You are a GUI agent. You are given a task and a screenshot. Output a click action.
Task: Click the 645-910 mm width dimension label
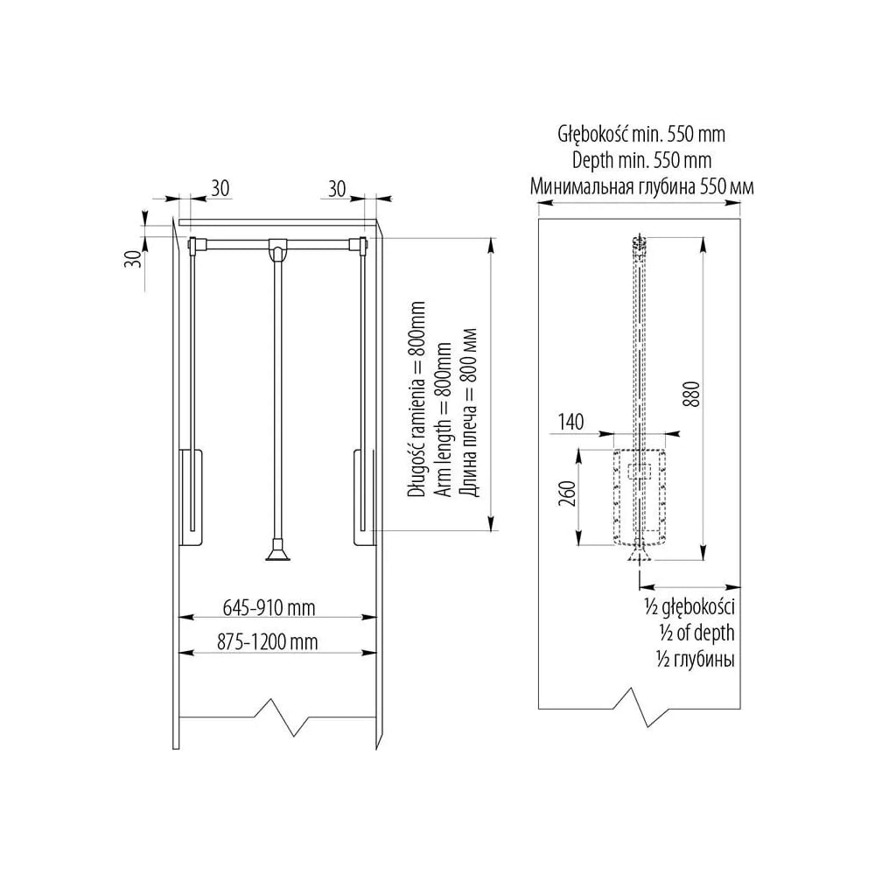click(x=269, y=607)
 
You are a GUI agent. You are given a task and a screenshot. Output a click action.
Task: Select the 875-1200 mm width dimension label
click(x=268, y=641)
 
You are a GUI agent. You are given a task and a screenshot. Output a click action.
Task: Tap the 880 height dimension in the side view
click(x=691, y=394)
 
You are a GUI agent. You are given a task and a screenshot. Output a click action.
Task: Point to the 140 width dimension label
click(x=570, y=422)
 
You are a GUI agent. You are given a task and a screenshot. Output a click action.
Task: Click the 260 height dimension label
click(x=567, y=493)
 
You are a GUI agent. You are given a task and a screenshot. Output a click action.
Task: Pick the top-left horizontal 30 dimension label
click(x=220, y=189)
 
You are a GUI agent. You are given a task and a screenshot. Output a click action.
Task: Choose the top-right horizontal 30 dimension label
click(x=337, y=189)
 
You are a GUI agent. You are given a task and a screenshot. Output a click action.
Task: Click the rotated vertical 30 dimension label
click(x=134, y=258)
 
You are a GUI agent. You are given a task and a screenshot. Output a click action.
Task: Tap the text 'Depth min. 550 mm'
click(x=641, y=161)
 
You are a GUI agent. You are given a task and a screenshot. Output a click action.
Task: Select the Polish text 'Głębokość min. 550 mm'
click(x=641, y=134)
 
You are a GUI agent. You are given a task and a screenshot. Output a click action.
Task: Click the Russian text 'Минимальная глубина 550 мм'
click(x=641, y=186)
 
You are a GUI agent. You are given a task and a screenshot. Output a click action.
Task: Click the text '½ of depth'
click(x=696, y=633)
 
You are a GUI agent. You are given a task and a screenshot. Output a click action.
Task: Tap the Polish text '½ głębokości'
click(x=689, y=607)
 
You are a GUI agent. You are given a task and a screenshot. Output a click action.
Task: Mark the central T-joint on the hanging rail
click(x=277, y=248)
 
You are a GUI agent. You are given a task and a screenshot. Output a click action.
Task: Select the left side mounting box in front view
click(x=191, y=496)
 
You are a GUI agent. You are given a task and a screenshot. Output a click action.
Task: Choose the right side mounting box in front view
click(x=364, y=497)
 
